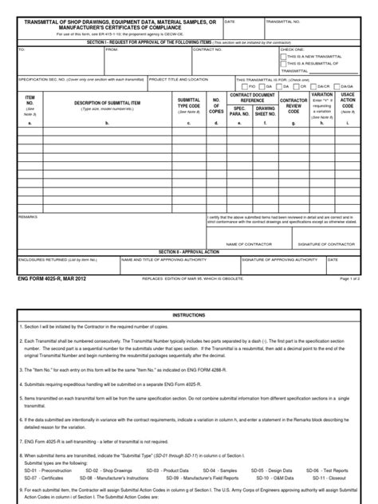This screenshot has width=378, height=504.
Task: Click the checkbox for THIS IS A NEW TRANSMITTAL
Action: [283, 57]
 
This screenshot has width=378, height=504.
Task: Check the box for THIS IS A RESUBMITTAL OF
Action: [283, 64]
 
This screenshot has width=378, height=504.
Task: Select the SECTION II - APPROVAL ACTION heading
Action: [189, 251]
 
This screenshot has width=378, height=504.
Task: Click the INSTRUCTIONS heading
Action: [189, 316]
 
